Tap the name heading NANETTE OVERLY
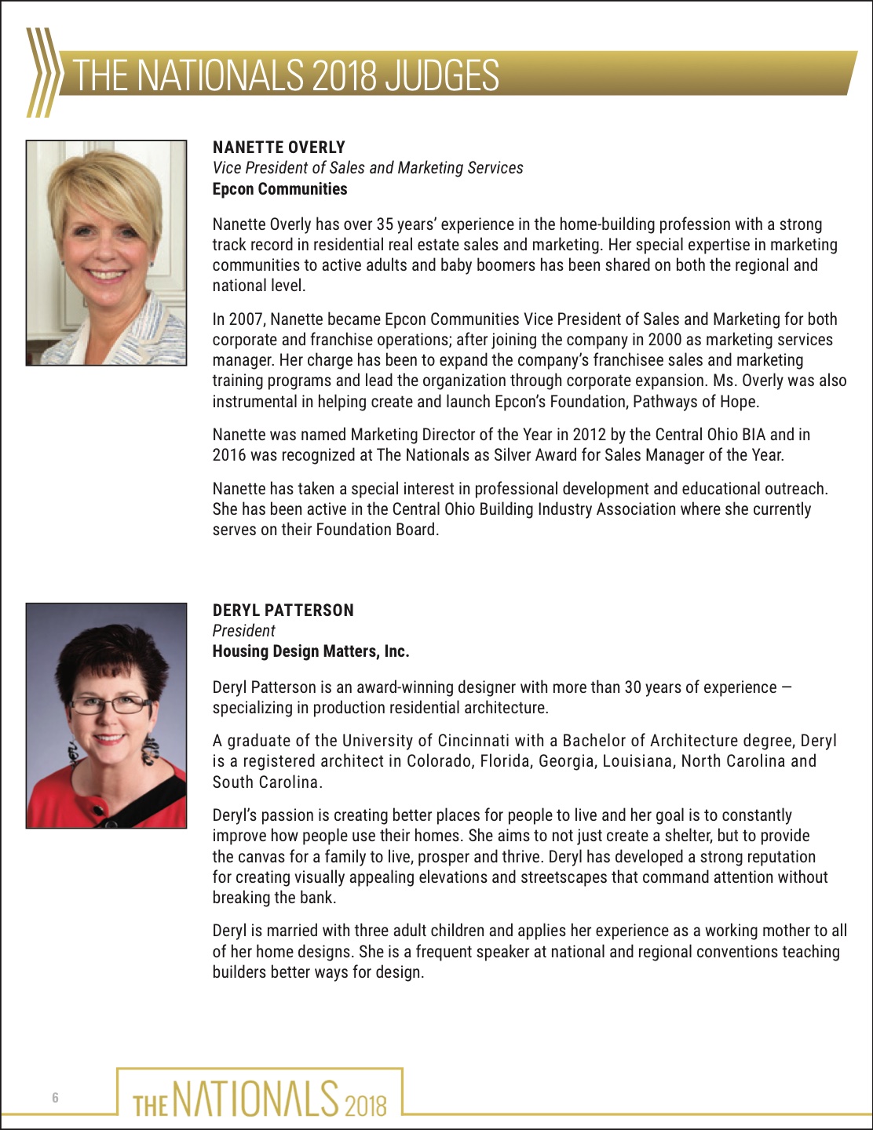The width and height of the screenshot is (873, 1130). coord(279,148)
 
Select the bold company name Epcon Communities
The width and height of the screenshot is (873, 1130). coord(279,189)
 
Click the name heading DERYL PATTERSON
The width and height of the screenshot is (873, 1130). coord(283,611)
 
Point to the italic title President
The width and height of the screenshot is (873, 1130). coord(243,631)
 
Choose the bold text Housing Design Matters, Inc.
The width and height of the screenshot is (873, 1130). coord(311,651)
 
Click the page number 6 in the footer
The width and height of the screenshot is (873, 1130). coord(55,1098)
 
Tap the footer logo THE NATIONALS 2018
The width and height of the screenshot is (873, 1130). coord(260,1097)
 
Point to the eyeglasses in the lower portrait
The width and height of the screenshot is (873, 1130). coord(109,704)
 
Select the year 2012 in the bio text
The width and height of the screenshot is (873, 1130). coord(590,435)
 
